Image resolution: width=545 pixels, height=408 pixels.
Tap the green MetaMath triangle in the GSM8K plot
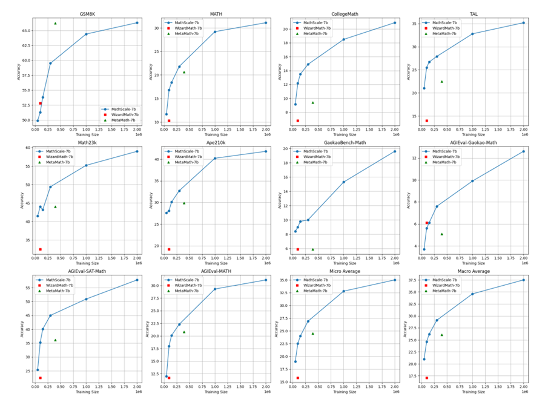tap(55, 24)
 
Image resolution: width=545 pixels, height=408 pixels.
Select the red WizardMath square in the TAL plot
tap(426, 120)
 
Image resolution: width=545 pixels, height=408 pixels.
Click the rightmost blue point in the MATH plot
tap(266, 23)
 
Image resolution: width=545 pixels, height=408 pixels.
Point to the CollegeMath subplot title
tap(343, 13)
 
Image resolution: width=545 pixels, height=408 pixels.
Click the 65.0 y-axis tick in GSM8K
tap(25, 30)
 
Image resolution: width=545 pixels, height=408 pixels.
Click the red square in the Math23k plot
tap(40, 249)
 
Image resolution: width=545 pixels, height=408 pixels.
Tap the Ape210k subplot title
tap(215, 142)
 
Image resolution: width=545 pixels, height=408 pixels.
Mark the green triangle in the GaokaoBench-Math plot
tap(312, 249)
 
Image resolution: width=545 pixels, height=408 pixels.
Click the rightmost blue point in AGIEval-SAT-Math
tap(137, 280)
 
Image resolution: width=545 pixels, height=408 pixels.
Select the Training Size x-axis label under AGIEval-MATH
tap(215, 392)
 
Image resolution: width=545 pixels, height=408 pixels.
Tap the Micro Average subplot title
tap(343, 271)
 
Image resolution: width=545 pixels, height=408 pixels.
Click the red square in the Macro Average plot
tap(426, 378)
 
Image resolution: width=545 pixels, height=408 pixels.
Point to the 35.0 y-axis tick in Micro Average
tap(283, 280)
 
